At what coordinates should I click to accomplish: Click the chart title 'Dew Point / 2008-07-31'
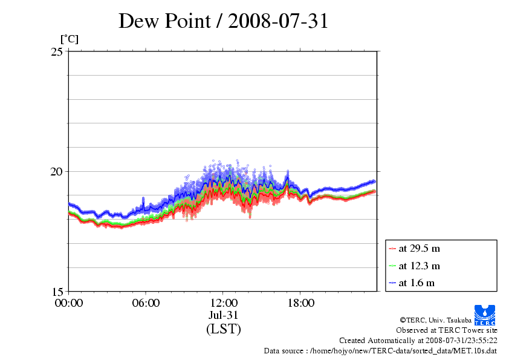pyautogui.click(x=223, y=21)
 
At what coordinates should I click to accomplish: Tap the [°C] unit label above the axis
pyautogui.click(x=68, y=39)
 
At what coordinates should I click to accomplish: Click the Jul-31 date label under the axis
pyautogui.click(x=223, y=315)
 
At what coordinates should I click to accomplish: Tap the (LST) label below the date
pyautogui.click(x=223, y=329)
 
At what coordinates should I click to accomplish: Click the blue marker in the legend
pyautogui.click(x=392, y=283)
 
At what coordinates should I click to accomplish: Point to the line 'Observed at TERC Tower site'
pyautogui.click(x=446, y=330)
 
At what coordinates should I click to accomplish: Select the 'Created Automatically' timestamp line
pyautogui.click(x=418, y=341)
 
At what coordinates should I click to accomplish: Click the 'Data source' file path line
pyautogui.click(x=380, y=351)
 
